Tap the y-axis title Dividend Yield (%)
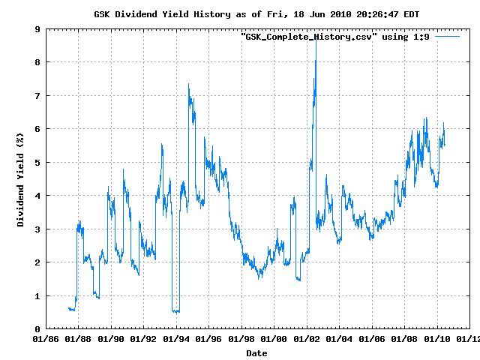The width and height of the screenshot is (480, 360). click(x=21, y=179)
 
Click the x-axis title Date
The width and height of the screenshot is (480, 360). click(x=256, y=352)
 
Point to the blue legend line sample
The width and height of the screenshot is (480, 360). click(x=447, y=36)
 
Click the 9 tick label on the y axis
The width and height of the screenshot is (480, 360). click(x=37, y=29)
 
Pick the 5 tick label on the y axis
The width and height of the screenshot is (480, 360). click(x=37, y=162)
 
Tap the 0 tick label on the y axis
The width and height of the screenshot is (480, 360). click(x=37, y=328)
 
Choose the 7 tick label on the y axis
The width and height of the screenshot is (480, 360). click(x=37, y=96)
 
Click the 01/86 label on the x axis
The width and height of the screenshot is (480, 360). click(x=46, y=340)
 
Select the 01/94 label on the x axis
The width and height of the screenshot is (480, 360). click(x=176, y=340)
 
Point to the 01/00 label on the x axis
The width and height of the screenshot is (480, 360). click(x=274, y=340)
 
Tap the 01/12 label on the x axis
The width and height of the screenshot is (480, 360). click(x=469, y=340)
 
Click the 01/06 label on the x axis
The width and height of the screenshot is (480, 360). click(x=371, y=340)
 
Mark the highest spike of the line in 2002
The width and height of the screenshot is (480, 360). click(x=316, y=39)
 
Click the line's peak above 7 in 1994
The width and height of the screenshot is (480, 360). click(x=188, y=84)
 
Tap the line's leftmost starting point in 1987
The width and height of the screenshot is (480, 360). click(x=68, y=308)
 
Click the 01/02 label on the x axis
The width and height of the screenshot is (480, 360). click(x=306, y=340)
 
